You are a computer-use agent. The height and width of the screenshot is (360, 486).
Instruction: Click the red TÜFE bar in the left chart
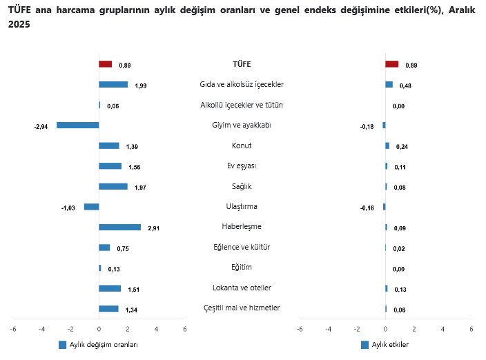(105, 64)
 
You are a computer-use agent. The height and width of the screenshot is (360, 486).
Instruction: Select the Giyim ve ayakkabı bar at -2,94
(78, 126)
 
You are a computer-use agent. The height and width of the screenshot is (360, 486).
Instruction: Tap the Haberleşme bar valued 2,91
(119, 227)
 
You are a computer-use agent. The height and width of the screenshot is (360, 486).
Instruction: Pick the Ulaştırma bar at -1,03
(91, 207)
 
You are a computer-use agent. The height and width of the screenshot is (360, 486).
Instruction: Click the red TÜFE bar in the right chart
(391, 64)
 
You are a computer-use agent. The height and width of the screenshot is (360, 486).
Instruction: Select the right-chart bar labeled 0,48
(389, 85)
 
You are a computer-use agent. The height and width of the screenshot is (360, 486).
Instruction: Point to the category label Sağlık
(242, 186)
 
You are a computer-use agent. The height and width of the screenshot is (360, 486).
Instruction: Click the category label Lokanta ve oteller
(242, 288)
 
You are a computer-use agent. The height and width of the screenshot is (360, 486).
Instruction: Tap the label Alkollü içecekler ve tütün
(242, 105)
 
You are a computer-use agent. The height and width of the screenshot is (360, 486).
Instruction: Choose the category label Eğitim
(242, 267)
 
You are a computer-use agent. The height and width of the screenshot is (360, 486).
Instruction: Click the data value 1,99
(141, 86)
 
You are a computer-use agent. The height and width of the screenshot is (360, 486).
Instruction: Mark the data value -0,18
(367, 126)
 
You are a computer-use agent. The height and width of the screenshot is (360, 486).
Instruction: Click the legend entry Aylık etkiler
(390, 345)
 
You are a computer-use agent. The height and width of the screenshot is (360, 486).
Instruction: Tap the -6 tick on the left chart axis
(13, 329)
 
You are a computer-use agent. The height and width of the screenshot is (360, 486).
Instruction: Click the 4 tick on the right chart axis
(443, 329)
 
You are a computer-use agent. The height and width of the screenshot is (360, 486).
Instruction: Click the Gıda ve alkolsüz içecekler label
(242, 84)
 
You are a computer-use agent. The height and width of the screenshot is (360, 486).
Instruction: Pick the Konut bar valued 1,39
(109, 146)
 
